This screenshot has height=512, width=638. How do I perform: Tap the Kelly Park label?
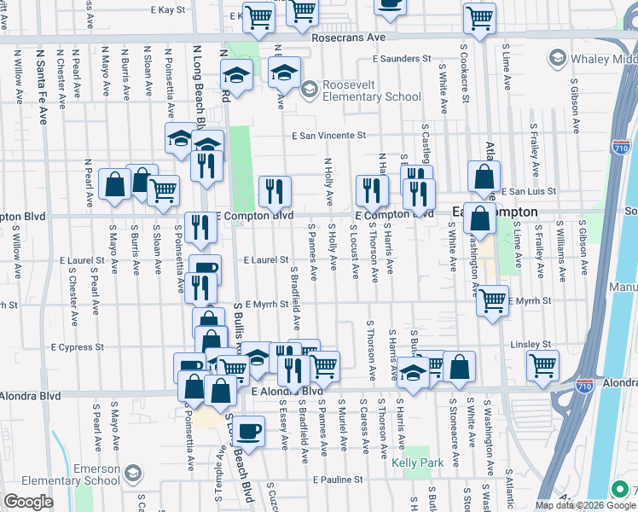coord(414,463)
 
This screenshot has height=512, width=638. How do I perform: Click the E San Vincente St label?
coord(329,135)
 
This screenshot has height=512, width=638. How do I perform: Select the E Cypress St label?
coord(78,347)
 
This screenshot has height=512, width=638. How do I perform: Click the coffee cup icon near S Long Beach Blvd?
coord(249,432)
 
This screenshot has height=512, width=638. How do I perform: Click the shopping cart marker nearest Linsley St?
coord(542,366)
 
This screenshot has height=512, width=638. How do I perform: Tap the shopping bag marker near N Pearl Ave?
coord(114,184)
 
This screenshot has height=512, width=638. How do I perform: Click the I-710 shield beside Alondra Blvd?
coord(585,384)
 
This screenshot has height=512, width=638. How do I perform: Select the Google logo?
coord(27,502)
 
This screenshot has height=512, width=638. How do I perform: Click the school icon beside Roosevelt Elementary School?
coord(308,89)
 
